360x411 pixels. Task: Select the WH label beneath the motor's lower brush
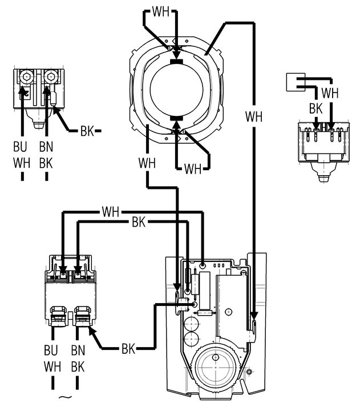point(193,168)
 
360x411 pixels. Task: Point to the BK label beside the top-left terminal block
point(87,131)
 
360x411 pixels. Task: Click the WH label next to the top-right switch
point(330,92)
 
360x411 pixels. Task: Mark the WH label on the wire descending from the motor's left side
point(147,163)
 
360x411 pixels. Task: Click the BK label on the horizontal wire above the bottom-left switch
point(139,223)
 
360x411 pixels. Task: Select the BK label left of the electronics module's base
point(128,348)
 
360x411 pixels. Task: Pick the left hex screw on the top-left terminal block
point(25,76)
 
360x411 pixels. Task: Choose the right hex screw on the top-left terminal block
point(50,76)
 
